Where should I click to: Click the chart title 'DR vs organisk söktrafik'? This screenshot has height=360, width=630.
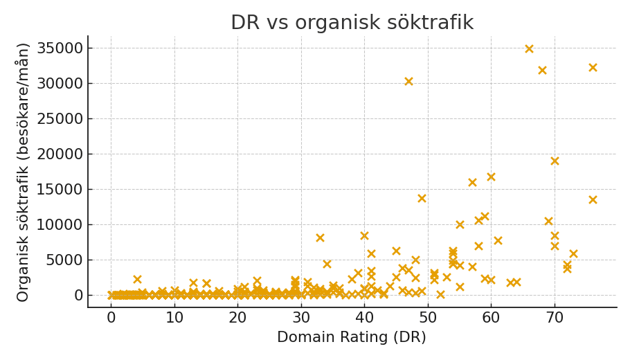coord(352,23)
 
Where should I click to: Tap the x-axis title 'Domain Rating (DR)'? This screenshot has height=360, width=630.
coord(352,338)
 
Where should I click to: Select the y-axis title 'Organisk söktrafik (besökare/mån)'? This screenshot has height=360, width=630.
coord(24,172)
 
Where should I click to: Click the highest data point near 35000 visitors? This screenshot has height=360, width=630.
coord(529,49)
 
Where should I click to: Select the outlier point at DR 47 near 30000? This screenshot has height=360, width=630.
coord(408,82)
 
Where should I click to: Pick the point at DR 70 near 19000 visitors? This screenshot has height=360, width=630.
coord(555,161)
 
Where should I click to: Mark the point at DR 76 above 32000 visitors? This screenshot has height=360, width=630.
coord(593,68)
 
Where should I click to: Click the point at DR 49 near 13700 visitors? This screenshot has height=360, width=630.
coord(422,199)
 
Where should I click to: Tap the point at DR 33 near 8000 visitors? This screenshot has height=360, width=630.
coord(320,238)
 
